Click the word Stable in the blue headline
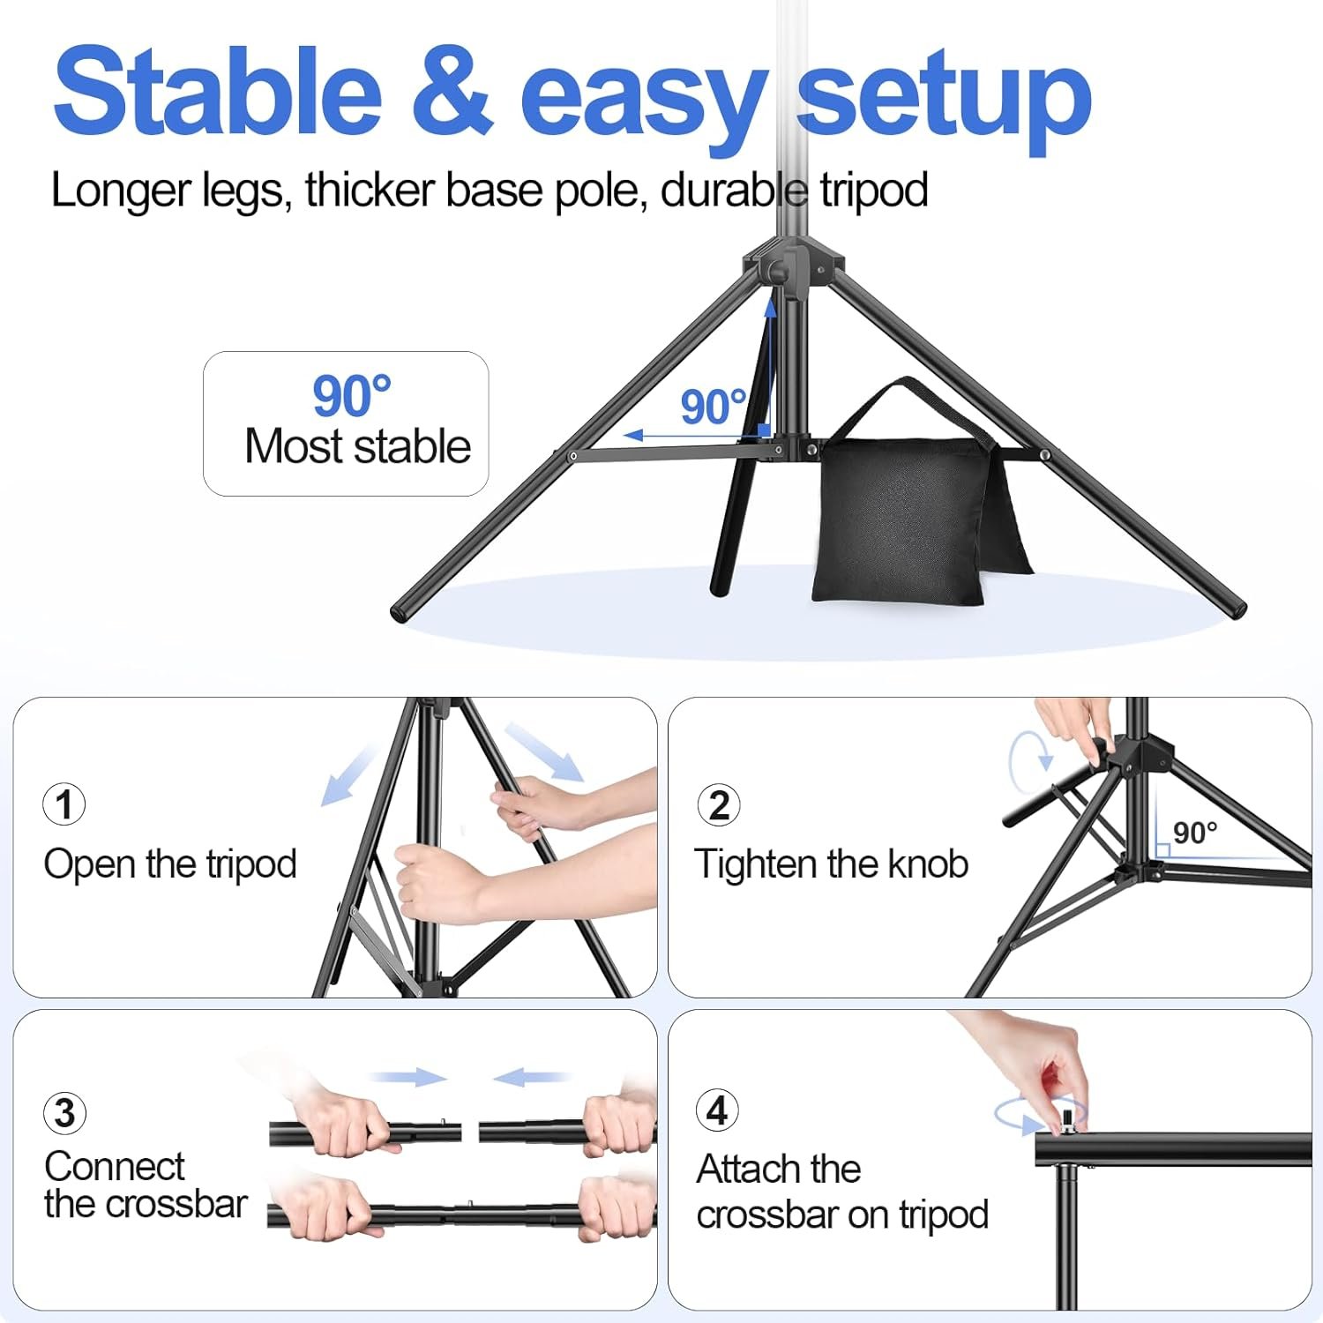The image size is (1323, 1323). point(217,92)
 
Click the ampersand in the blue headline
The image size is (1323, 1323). point(452,92)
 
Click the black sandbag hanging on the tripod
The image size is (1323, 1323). point(900,520)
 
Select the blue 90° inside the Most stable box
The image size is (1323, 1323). point(351,397)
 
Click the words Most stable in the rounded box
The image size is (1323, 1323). point(357,446)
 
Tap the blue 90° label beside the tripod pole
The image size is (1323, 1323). point(713,407)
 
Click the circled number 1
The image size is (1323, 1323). point(64,804)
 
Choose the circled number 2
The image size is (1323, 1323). point(719,805)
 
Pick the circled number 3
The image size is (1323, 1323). point(64,1113)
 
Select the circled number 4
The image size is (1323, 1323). point(718,1110)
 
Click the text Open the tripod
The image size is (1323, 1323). point(170,864)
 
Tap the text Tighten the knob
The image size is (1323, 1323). point(831,864)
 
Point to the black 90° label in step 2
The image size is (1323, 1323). point(1195,833)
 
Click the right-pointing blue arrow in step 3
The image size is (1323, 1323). point(408,1077)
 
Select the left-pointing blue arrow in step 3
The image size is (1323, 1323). point(530,1077)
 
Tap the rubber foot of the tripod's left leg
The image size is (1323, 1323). point(402,611)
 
